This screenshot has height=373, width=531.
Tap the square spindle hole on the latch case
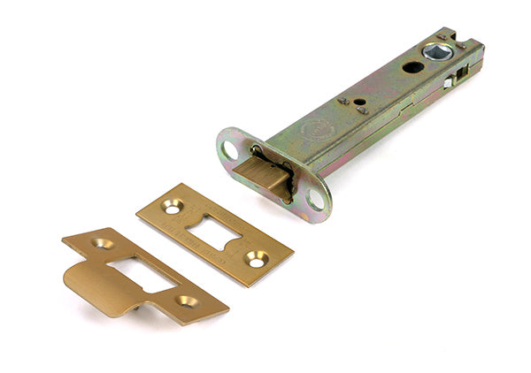pyautogui.click(x=437, y=52)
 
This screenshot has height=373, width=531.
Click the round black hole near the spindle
pyautogui.click(x=412, y=67)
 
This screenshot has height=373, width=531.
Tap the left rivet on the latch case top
pyautogui.click(x=344, y=100)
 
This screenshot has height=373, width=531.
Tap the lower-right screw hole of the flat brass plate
pyautogui.click(x=256, y=260)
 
